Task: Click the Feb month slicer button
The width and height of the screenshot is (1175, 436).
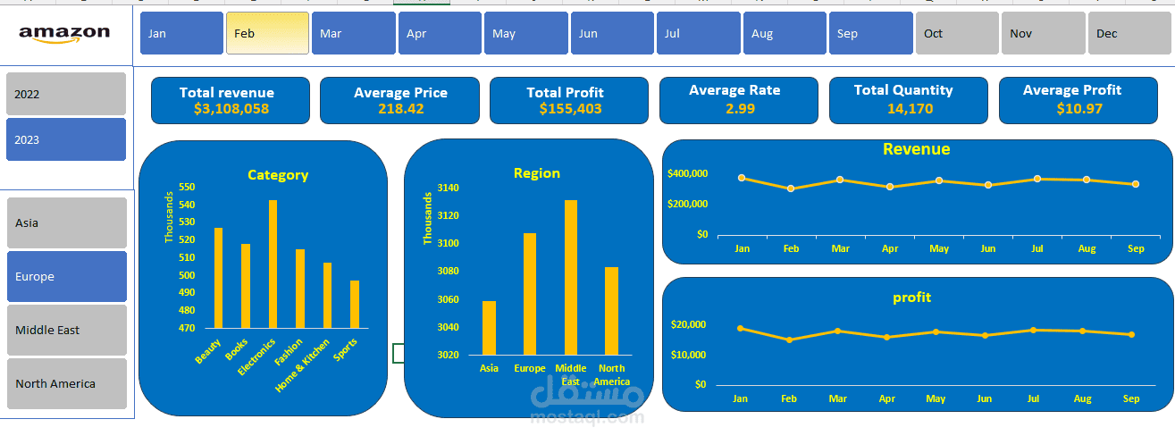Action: pyautogui.click(x=267, y=33)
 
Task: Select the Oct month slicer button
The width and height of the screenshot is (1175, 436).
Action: pyautogui.click(x=957, y=33)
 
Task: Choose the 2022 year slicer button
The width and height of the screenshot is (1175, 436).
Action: pyautogui.click(x=66, y=94)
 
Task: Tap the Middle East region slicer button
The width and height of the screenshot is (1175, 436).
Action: pyautogui.click(x=67, y=330)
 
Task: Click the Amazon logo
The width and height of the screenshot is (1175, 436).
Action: pyautogui.click(x=64, y=34)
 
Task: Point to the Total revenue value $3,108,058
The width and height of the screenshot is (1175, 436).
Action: pyautogui.click(x=231, y=109)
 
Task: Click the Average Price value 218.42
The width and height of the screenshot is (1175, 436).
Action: pyautogui.click(x=401, y=109)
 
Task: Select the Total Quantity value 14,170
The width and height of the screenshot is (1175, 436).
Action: pyautogui.click(x=911, y=109)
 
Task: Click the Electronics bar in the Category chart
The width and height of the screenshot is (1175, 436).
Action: pyautogui.click(x=273, y=264)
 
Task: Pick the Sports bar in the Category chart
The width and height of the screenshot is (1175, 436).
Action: pyautogui.click(x=355, y=305)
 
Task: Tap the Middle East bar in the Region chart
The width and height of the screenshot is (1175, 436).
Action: pyautogui.click(x=571, y=278)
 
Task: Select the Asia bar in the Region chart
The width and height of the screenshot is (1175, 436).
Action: pyautogui.click(x=489, y=328)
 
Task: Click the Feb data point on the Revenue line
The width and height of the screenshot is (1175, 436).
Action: pyautogui.click(x=791, y=189)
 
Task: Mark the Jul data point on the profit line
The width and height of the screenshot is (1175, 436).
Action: pyautogui.click(x=1033, y=330)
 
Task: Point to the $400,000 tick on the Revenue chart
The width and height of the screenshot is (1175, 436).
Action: pyautogui.click(x=687, y=173)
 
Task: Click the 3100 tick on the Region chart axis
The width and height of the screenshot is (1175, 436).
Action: pyautogui.click(x=448, y=243)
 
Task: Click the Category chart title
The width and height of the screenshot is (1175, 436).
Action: pyautogui.click(x=278, y=175)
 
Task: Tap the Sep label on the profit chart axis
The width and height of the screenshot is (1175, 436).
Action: pyautogui.click(x=1131, y=398)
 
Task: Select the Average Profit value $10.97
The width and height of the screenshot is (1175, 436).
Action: pyautogui.click(x=1079, y=109)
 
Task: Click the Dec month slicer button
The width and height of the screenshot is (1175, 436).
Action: pyautogui.click(x=1129, y=33)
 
